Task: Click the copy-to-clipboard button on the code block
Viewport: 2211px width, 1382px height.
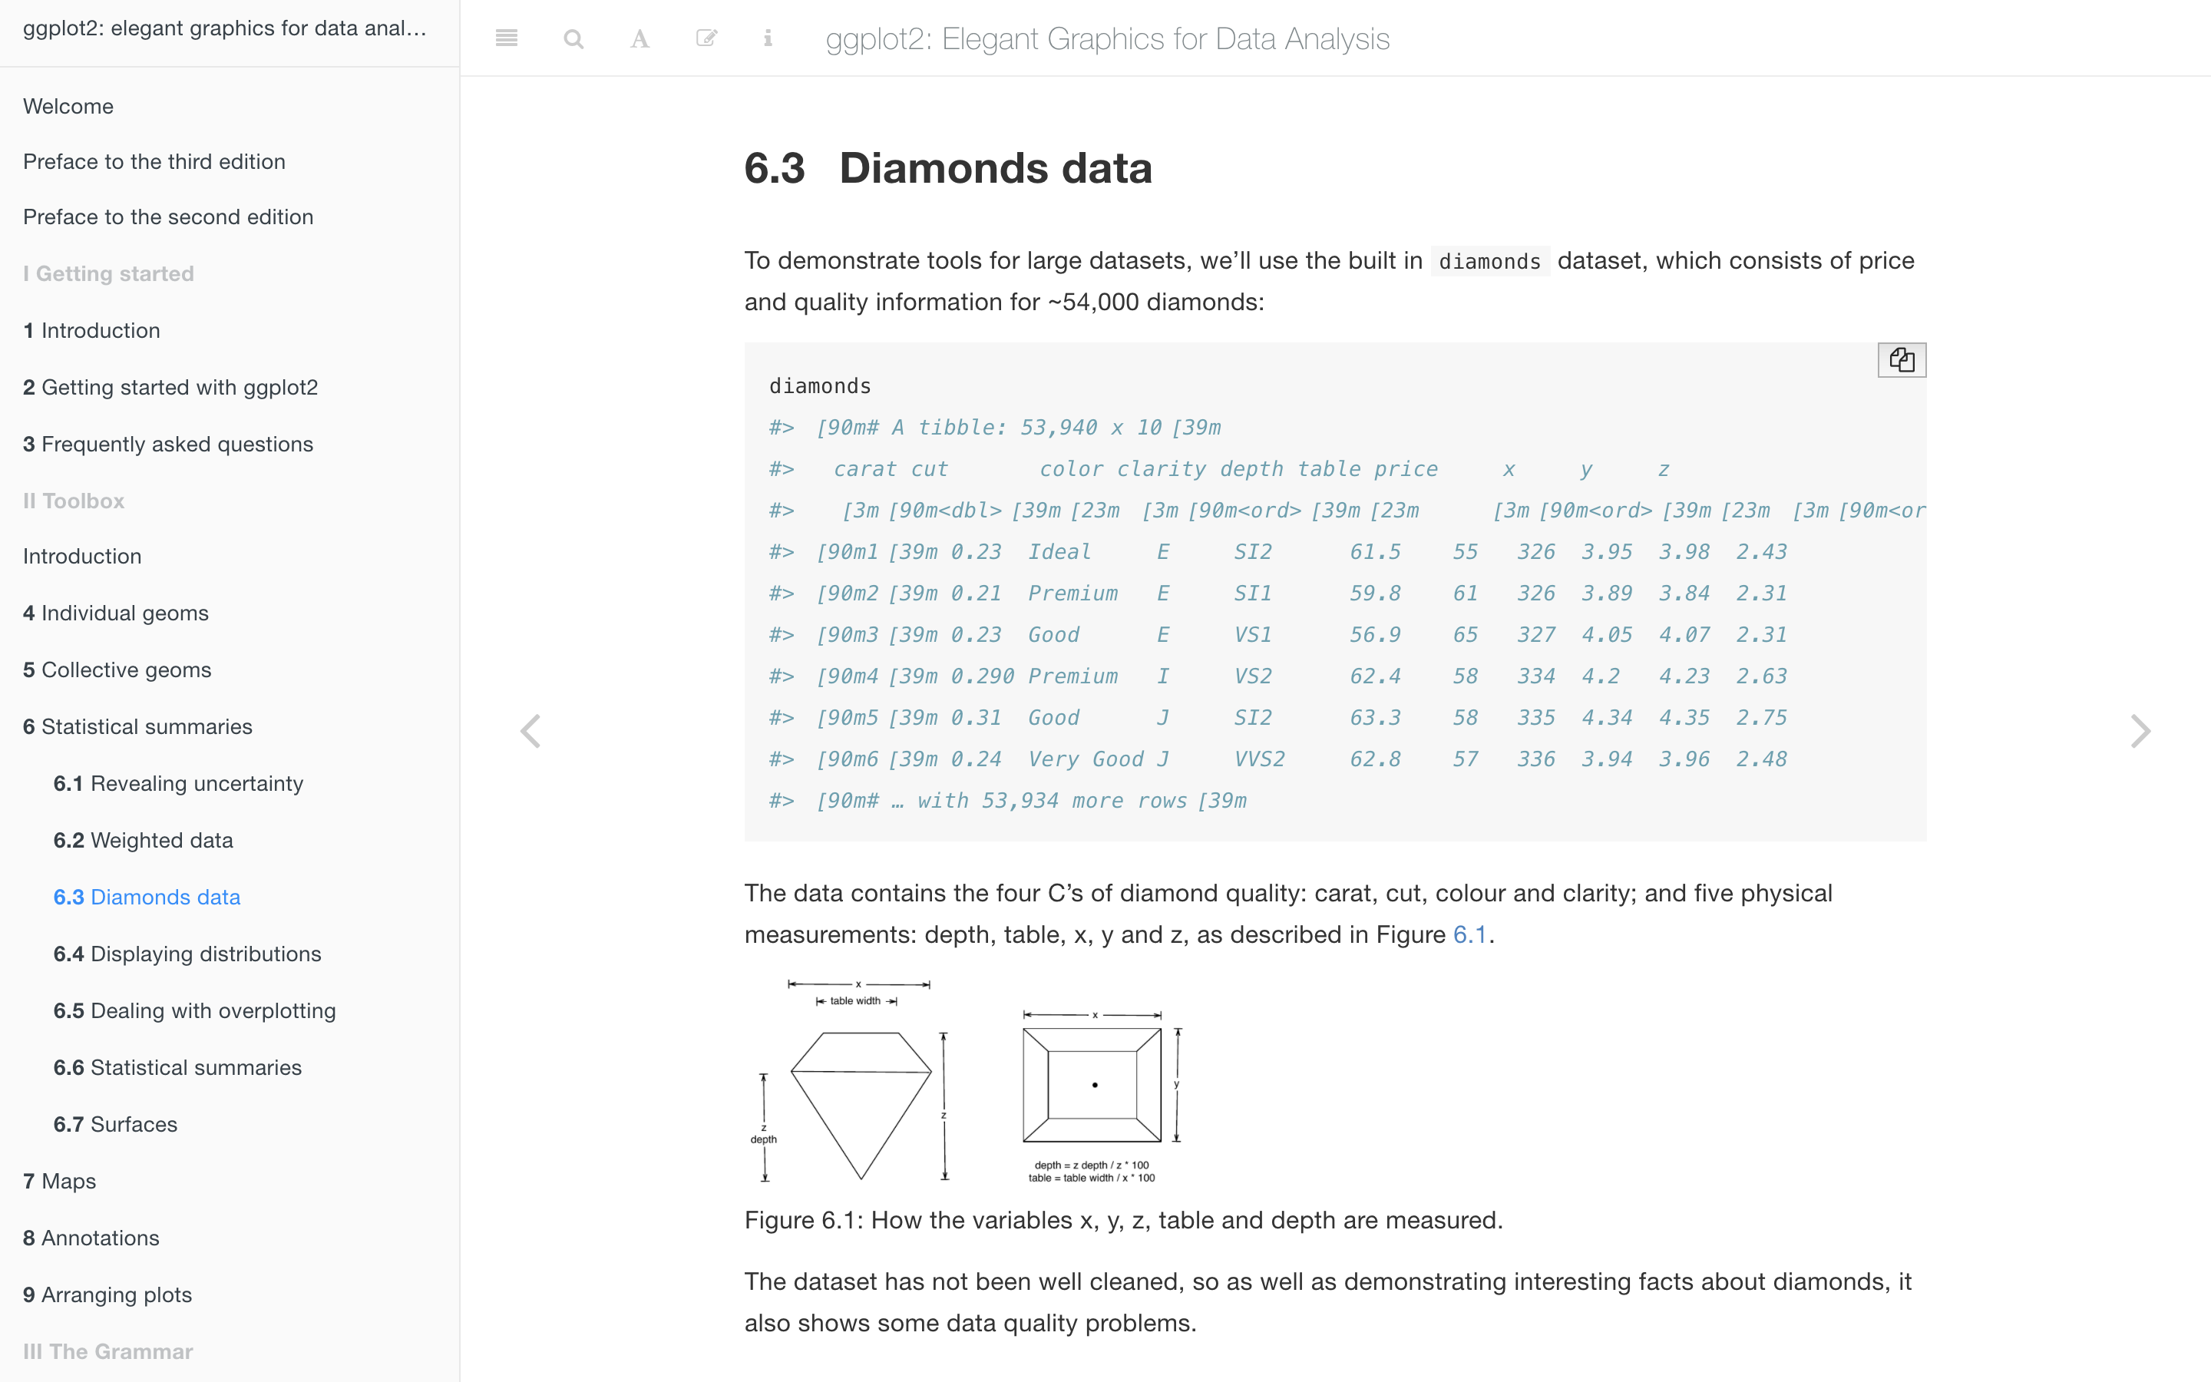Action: (1902, 360)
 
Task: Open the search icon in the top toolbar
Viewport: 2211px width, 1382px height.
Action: (573, 38)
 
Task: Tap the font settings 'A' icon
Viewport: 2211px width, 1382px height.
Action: (640, 38)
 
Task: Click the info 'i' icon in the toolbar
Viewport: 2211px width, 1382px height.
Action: (768, 38)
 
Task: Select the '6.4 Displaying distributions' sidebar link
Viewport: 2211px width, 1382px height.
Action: (187, 954)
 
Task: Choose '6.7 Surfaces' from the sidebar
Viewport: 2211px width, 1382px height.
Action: (115, 1124)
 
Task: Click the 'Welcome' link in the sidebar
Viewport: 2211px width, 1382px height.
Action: (68, 106)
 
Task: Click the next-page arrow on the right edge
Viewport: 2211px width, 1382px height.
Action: (2140, 731)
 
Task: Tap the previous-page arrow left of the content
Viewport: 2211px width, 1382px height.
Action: (530, 731)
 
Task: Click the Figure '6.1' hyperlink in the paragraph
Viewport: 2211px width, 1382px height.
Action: (1469, 934)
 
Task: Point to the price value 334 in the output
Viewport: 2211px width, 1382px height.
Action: (1536, 676)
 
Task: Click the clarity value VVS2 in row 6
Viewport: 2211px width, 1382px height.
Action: (1259, 759)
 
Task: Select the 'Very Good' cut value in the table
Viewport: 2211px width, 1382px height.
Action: (1086, 759)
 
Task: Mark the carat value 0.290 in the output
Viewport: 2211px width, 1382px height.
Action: (982, 676)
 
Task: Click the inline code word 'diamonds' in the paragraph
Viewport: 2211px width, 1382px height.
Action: (1489, 261)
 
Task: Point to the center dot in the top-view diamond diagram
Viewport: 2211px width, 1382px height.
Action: (1095, 1085)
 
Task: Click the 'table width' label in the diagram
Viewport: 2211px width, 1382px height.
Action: (855, 1001)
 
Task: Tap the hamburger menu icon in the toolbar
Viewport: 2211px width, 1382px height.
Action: (506, 38)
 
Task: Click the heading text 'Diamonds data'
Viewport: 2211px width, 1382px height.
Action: (995, 168)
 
